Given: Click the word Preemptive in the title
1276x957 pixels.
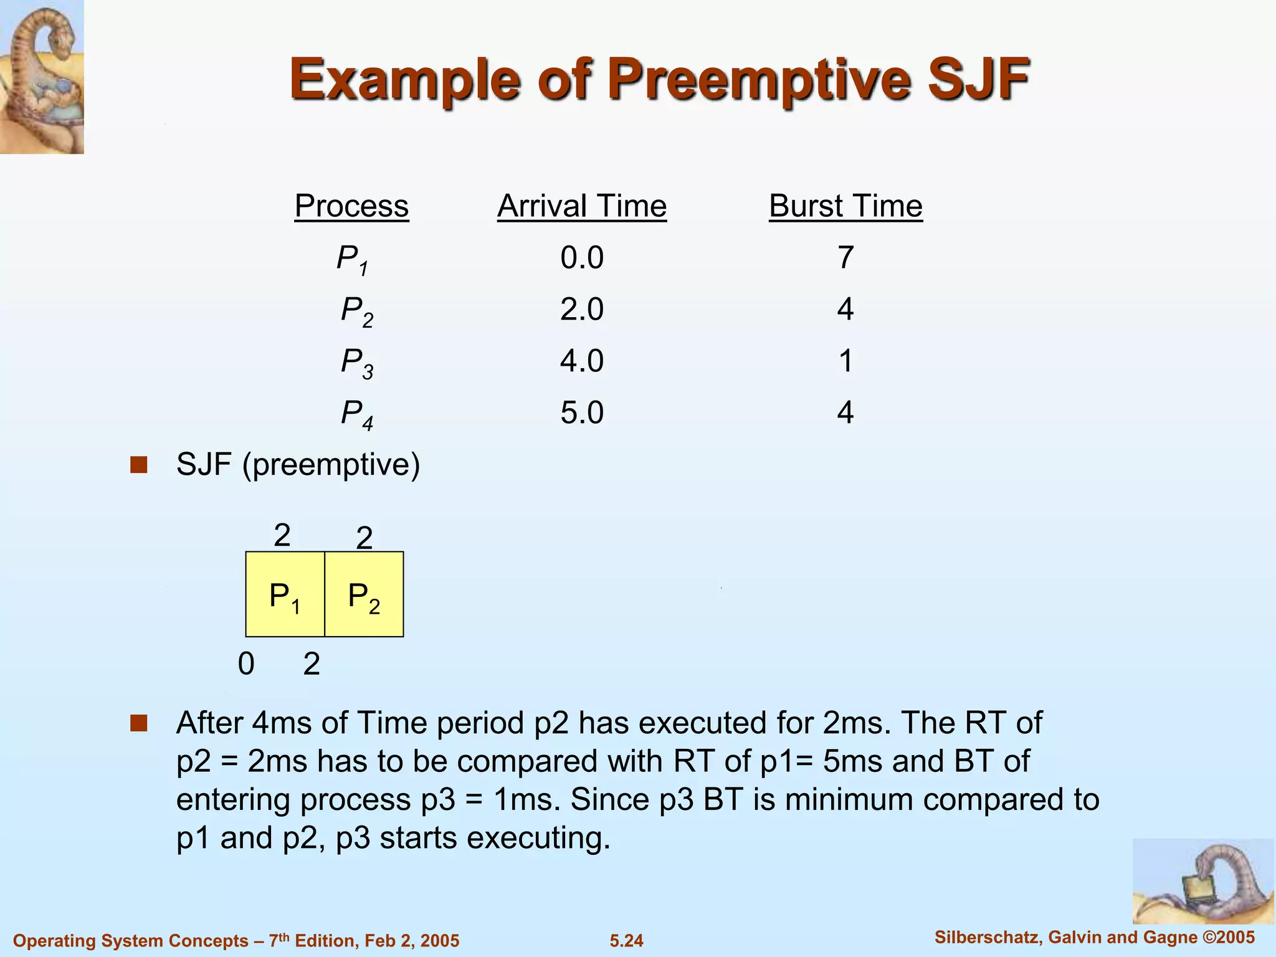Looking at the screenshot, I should point(760,80).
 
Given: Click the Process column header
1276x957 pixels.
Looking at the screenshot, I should point(351,206).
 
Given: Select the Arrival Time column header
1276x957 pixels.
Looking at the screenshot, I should point(582,206).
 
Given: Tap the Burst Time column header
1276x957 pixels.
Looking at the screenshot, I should point(845,206).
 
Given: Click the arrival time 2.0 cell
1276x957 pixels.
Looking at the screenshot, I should point(582,310).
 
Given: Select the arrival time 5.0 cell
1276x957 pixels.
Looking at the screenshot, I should point(582,413).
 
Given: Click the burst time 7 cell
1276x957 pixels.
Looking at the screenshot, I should point(845,258).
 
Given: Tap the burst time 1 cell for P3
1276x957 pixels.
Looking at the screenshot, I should point(845,361).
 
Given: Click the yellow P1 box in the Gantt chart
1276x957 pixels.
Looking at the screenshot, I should point(285,594).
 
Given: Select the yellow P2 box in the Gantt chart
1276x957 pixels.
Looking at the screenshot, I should point(364,594).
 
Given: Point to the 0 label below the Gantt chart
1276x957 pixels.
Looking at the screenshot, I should point(246,664).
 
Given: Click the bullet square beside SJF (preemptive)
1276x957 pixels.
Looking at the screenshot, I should point(138,465).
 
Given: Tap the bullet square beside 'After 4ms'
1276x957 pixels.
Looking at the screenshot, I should point(138,723).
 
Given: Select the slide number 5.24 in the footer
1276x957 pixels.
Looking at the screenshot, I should point(626,941).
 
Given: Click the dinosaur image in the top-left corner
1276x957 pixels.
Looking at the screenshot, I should point(42,77).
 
